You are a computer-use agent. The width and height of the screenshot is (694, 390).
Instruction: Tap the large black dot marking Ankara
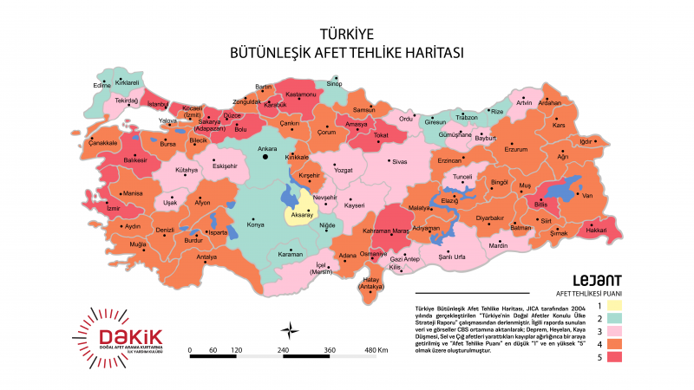[265, 157]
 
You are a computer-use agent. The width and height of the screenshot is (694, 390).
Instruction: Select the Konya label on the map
[256, 224]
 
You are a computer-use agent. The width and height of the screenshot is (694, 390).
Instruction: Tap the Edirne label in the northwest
[102, 85]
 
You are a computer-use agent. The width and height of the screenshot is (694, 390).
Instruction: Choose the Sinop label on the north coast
[334, 83]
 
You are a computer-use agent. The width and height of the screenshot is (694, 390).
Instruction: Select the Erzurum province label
[516, 149]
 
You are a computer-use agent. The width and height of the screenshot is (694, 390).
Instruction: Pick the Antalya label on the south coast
[206, 257]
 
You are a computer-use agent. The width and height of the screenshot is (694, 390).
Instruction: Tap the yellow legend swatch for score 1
[615, 305]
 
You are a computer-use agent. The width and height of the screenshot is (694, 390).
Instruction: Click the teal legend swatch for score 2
[615, 318]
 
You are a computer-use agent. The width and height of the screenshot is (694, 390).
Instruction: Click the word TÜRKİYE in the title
[347, 34]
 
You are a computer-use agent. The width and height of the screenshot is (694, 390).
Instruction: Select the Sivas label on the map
[399, 161]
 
